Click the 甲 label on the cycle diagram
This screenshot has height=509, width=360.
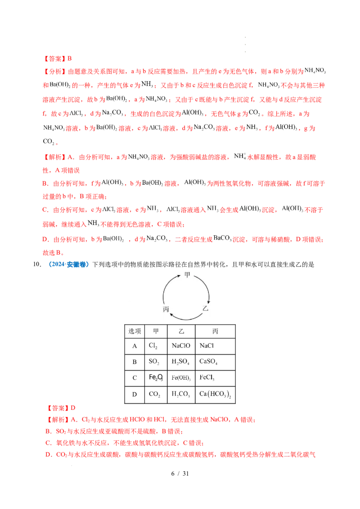(187, 274)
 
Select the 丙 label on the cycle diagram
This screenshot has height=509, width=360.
(166, 310)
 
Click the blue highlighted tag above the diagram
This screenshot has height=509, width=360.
(68, 265)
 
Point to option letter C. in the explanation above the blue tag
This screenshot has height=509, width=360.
(45, 210)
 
